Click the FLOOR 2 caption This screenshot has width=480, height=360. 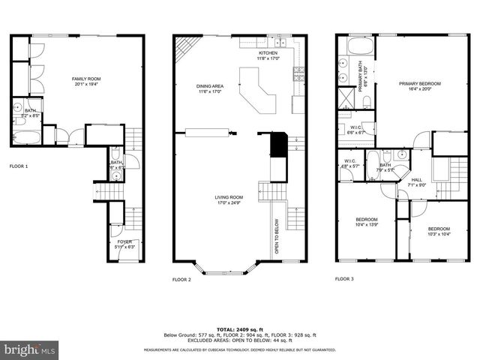(x=182, y=279)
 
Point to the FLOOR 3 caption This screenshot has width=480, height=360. (x=345, y=279)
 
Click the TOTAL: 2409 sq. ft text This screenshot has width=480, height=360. (x=239, y=328)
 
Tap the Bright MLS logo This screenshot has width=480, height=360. (x=30, y=349)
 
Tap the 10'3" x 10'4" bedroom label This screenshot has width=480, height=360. (x=439, y=231)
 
